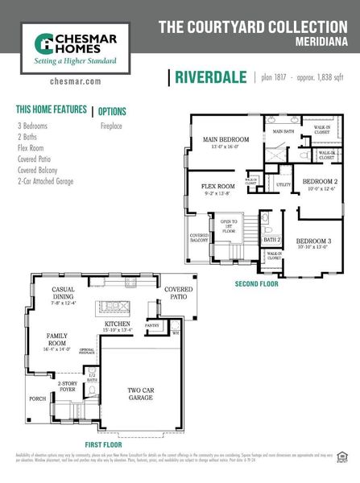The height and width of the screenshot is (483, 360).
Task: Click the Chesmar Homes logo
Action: (x=74, y=47)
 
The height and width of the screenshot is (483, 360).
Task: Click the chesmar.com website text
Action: (x=74, y=81)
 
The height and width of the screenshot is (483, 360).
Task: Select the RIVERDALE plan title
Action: (x=209, y=77)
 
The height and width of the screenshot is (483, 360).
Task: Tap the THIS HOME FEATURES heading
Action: (x=51, y=109)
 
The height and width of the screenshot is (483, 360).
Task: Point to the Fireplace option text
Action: (x=110, y=126)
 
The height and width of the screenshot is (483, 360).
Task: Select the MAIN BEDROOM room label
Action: (x=226, y=139)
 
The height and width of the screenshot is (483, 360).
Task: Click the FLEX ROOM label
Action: (x=217, y=186)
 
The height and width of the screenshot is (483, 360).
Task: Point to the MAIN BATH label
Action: (x=283, y=131)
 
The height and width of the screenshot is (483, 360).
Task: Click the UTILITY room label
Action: (x=283, y=185)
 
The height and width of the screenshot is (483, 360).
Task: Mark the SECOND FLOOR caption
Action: (x=258, y=284)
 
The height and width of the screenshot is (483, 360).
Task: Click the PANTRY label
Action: (x=152, y=325)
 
